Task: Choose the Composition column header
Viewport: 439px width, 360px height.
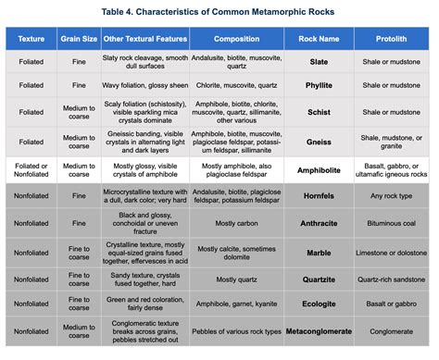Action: click(236, 40)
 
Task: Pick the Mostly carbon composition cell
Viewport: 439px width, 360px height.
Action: click(236, 223)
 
